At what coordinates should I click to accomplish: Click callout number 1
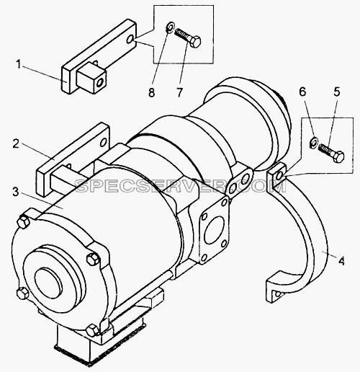click(x=19, y=65)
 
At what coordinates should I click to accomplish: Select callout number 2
click(x=16, y=143)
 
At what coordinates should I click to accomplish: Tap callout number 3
click(x=16, y=192)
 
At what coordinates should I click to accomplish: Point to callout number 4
click(x=341, y=260)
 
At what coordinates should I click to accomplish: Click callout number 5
click(x=337, y=92)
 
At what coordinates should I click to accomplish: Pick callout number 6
click(x=302, y=92)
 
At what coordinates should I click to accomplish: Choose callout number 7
click(x=180, y=92)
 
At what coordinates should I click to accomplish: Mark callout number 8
click(x=151, y=92)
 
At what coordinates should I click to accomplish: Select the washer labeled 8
click(x=171, y=27)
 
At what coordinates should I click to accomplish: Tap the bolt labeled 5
click(x=331, y=153)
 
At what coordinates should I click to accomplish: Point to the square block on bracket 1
click(x=91, y=78)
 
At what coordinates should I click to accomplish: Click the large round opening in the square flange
click(x=214, y=231)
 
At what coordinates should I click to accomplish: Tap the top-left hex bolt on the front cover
click(x=24, y=222)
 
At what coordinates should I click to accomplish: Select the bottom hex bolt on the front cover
click(x=93, y=330)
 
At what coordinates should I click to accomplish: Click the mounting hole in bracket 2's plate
click(x=104, y=143)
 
